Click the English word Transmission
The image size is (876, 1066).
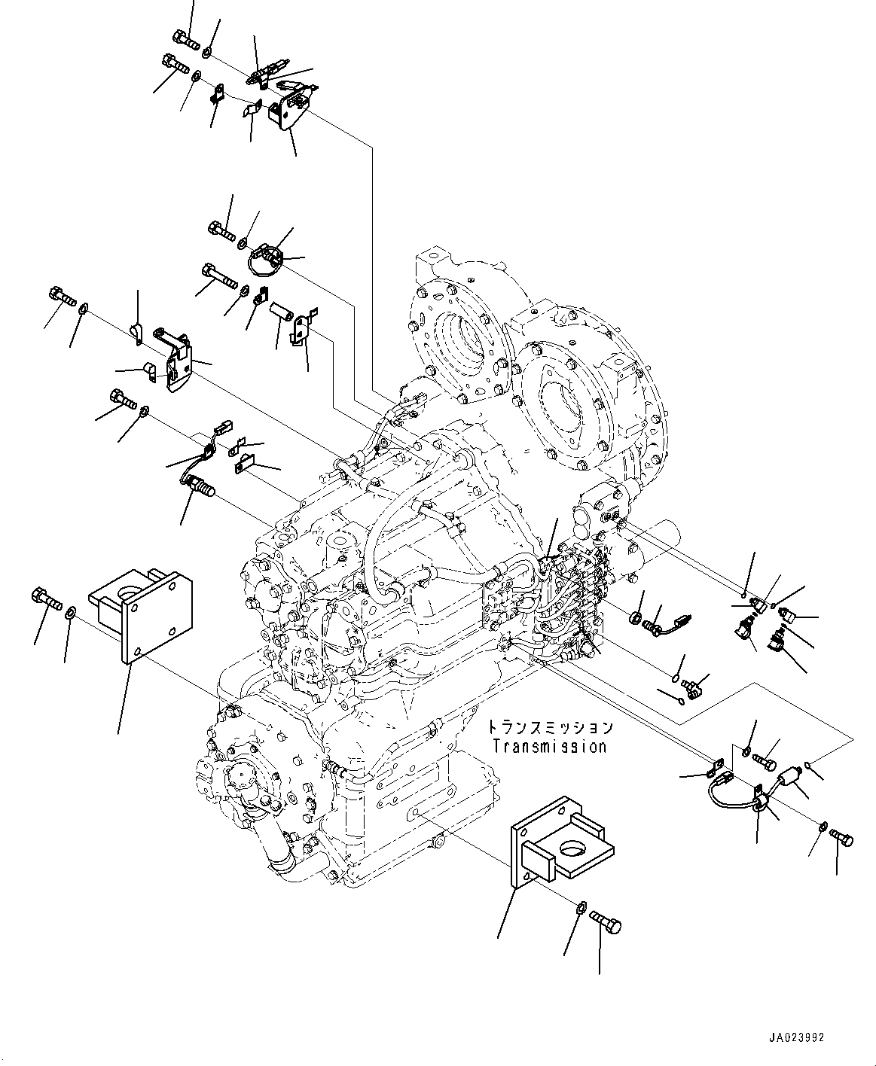(549, 747)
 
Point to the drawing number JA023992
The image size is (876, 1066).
(796, 1037)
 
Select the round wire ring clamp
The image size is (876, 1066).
(264, 261)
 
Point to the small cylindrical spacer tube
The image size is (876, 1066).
(282, 311)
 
